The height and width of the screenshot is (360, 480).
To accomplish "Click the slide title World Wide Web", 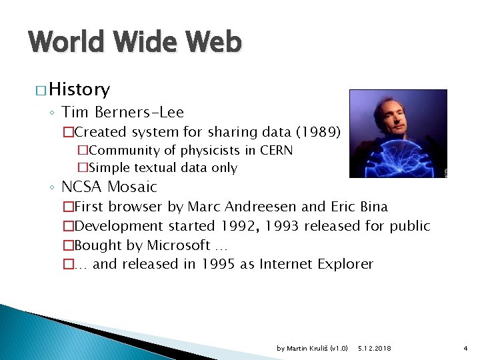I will (x=135, y=43).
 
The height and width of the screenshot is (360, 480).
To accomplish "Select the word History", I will (x=79, y=89).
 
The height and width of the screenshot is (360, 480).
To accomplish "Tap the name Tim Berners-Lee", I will (x=123, y=112).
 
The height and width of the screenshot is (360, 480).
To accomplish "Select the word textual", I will (x=151, y=168).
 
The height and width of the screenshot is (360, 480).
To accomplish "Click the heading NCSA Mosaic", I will (x=109, y=187).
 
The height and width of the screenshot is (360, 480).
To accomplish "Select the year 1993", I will (x=280, y=226).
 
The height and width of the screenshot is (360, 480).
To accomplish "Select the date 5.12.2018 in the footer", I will (x=375, y=349).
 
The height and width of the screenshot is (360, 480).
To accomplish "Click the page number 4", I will (x=465, y=349).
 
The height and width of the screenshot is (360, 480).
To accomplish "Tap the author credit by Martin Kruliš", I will (x=312, y=349).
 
